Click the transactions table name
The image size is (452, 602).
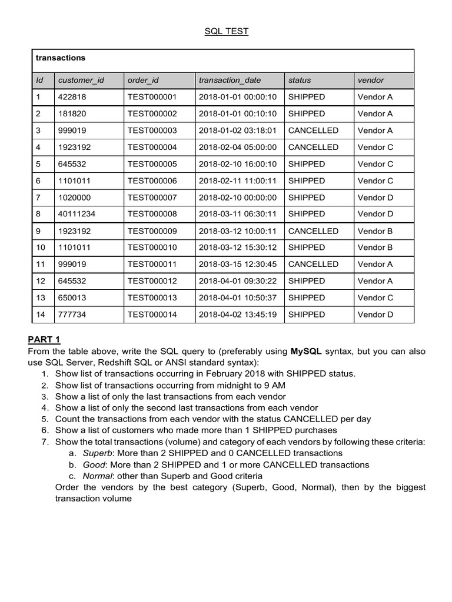[x=60, y=58]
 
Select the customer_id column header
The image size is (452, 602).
[x=81, y=80]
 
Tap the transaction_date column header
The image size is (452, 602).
[x=230, y=80]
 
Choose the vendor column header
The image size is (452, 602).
[x=370, y=80]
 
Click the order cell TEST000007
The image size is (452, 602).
[x=152, y=198]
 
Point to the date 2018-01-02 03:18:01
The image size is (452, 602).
[x=237, y=131]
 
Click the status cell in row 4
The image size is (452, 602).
[x=313, y=147]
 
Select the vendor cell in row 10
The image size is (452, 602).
[x=375, y=248]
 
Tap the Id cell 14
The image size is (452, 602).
[x=41, y=315]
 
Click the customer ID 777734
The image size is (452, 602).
[x=72, y=315]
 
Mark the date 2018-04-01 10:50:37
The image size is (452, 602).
[x=237, y=297]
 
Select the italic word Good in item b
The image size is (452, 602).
[x=94, y=464]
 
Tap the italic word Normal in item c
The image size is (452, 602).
[x=97, y=476]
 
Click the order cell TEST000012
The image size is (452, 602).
[x=152, y=281]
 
